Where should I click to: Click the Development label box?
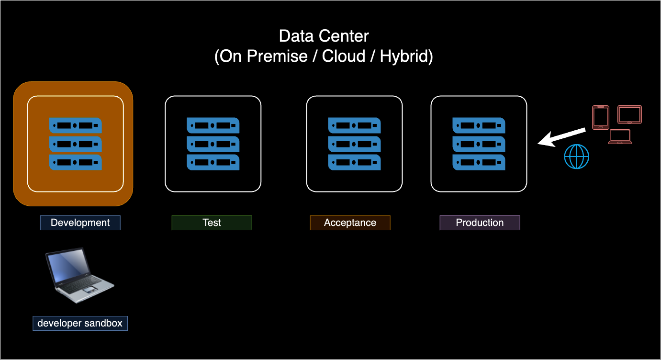[80, 223]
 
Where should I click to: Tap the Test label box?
[212, 223]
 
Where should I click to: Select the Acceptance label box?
[350, 223]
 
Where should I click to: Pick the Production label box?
[480, 223]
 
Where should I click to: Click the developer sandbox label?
[80, 323]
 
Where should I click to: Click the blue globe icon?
[577, 157]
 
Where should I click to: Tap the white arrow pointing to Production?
[561, 137]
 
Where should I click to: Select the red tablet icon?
[601, 117]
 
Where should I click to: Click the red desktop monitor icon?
[629, 115]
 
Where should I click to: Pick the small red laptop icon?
[620, 137]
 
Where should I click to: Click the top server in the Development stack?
[76, 125]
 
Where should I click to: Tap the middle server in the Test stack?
[213, 144]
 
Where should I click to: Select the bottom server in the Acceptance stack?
[354, 162]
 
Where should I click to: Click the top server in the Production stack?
[479, 125]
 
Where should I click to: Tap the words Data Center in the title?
[324, 36]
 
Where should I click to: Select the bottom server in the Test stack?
[213, 162]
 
